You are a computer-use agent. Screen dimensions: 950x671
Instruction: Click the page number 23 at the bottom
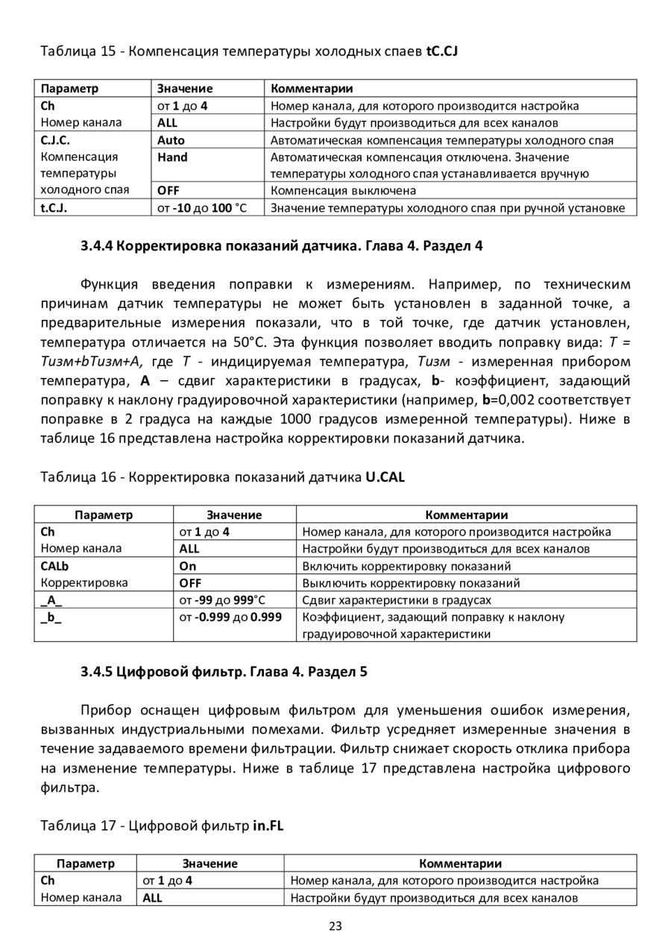335,926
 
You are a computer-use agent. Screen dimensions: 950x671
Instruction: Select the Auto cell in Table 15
171,140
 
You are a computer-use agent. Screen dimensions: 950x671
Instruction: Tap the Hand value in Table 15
173,157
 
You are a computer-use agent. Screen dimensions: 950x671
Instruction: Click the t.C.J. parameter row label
54,208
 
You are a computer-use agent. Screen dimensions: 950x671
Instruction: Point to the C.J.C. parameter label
55,140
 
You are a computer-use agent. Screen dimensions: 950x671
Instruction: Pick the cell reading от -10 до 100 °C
201,208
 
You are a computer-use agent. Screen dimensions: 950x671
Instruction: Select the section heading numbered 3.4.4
282,246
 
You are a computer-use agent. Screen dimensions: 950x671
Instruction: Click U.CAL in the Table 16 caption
385,477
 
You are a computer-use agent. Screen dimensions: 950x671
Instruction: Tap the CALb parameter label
54,566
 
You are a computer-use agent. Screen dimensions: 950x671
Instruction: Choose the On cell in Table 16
188,566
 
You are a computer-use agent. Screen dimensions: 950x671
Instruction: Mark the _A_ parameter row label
51,600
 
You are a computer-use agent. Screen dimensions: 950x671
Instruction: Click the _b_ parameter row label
51,617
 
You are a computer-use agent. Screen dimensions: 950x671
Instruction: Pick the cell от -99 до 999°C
222,600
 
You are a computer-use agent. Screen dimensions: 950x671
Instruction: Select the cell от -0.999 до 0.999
230,617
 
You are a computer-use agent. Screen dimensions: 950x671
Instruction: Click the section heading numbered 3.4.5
224,670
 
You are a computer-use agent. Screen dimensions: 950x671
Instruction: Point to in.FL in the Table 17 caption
268,825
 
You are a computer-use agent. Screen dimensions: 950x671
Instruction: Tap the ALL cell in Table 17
153,898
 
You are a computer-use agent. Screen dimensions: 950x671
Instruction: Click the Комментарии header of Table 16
466,515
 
